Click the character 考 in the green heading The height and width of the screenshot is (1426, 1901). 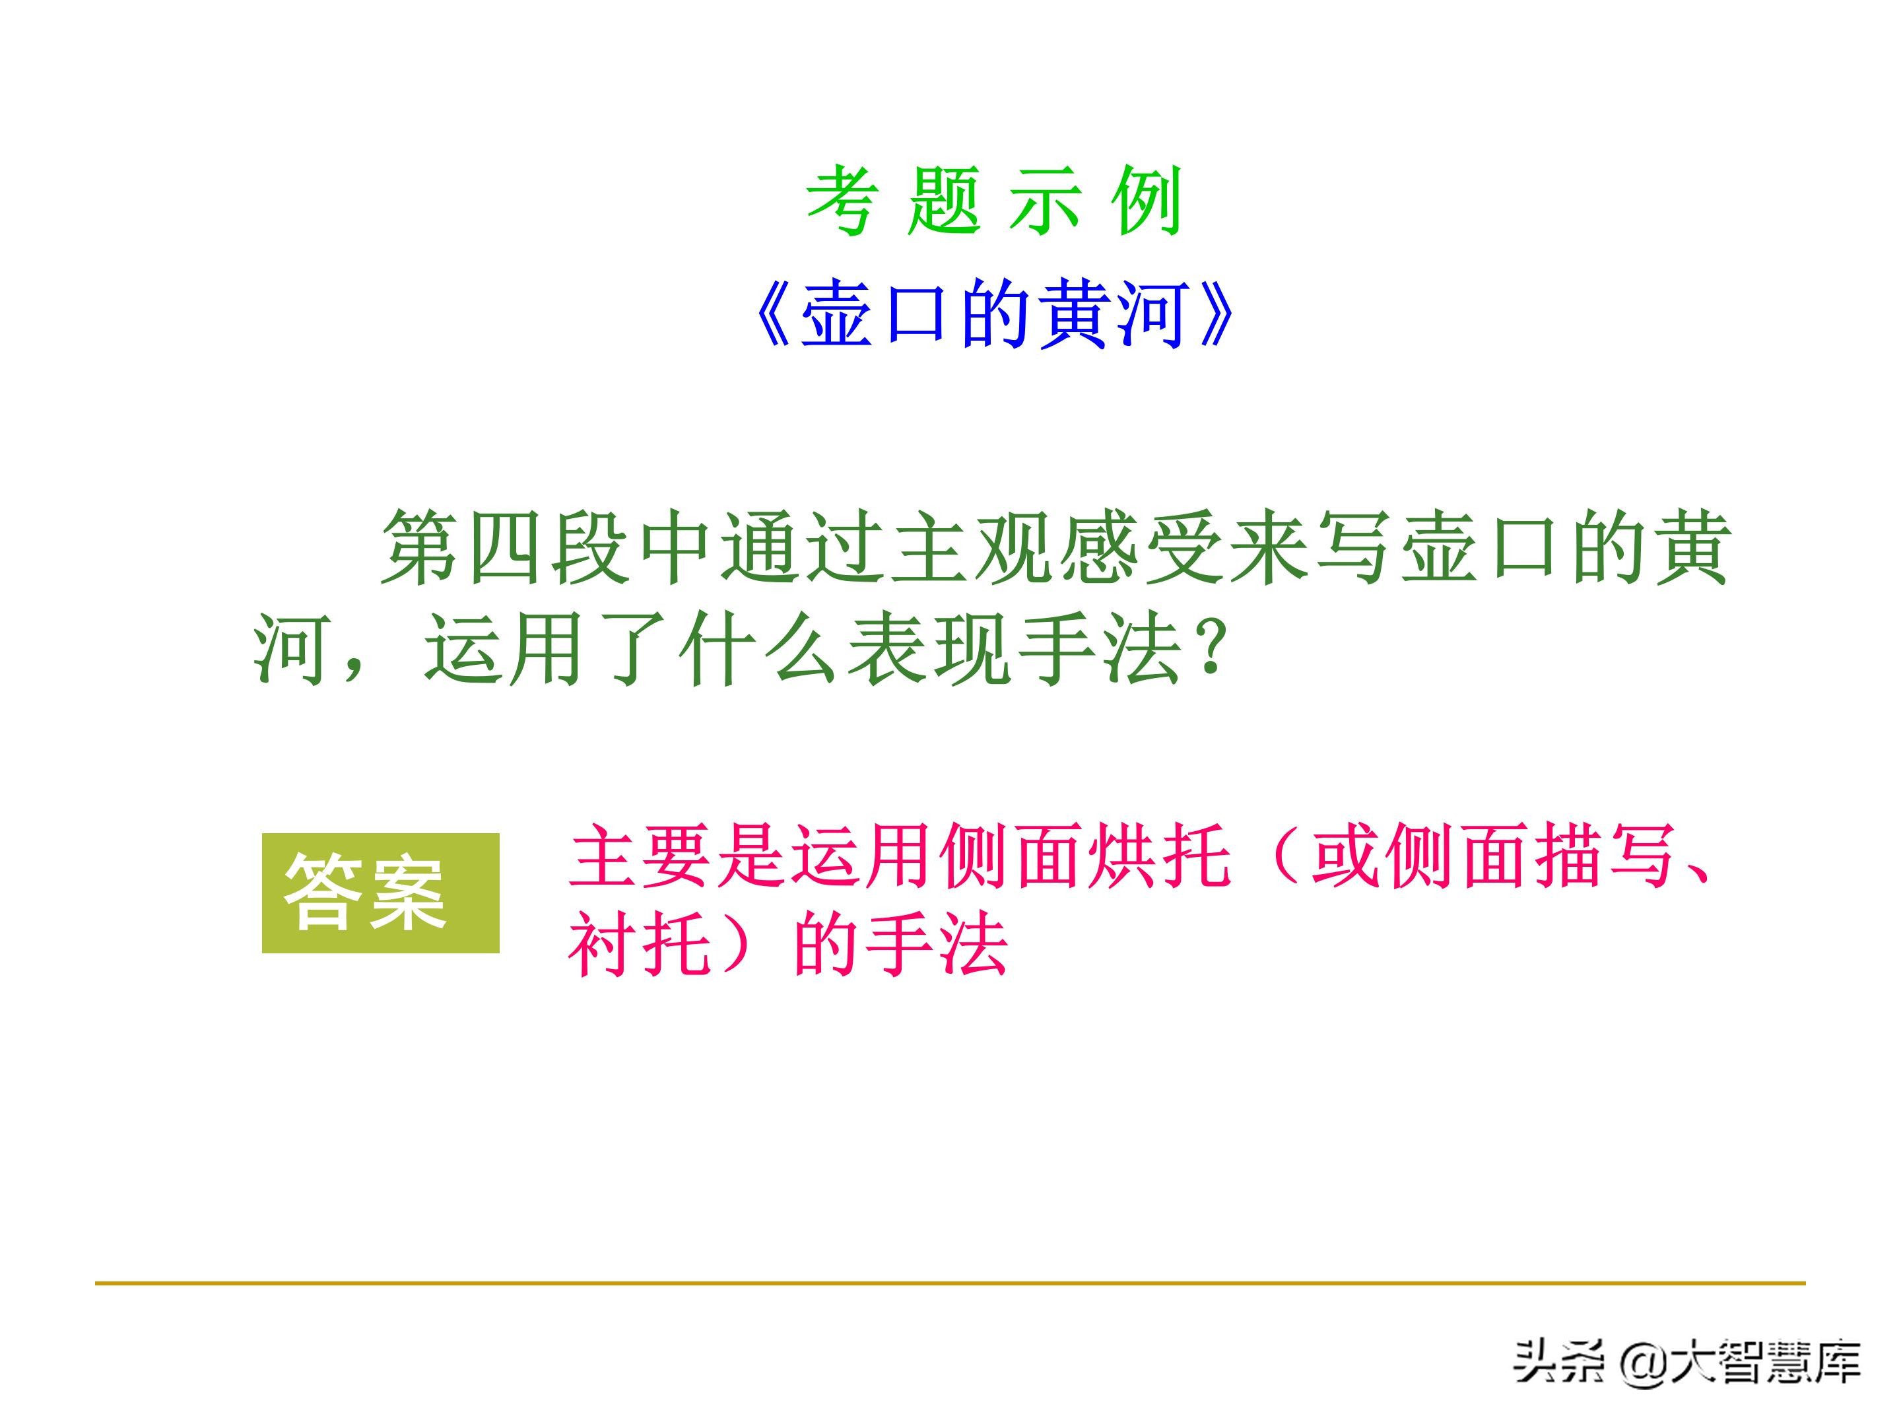[842, 202]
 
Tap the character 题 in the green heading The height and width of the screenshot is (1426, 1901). [944, 202]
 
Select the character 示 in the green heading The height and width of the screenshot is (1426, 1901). [1045, 202]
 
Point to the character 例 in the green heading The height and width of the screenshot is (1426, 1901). [1147, 202]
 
